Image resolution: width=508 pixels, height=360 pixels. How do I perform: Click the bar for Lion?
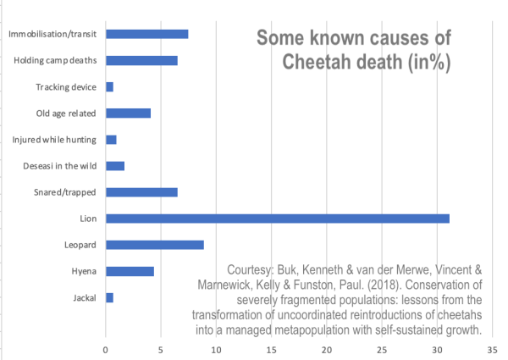tap(278, 219)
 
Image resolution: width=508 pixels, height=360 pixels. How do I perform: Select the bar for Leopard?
tap(155, 245)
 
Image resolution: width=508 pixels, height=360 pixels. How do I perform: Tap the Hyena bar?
tap(130, 271)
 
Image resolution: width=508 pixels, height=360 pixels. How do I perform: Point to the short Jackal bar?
tap(109, 297)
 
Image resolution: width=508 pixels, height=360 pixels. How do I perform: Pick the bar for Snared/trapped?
tap(141, 192)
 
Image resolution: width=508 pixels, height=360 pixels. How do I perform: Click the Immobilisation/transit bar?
tap(147, 34)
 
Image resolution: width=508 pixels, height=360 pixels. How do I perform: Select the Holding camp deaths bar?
tap(141, 60)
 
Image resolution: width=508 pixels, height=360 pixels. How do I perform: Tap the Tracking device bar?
tap(109, 86)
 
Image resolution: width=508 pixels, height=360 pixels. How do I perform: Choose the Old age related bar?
tap(128, 113)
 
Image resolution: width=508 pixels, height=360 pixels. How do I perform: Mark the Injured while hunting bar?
tap(111, 139)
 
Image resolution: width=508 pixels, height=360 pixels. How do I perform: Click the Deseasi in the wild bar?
tap(115, 166)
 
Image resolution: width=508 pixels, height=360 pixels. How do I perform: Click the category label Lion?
tap(87, 219)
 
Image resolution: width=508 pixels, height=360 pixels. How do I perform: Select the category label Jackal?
tap(84, 298)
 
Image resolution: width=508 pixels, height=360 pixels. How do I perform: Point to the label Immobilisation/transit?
tap(52, 35)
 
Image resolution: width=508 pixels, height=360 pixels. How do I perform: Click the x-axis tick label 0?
tap(106, 347)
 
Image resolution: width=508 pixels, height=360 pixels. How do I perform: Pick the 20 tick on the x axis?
tap(327, 347)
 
